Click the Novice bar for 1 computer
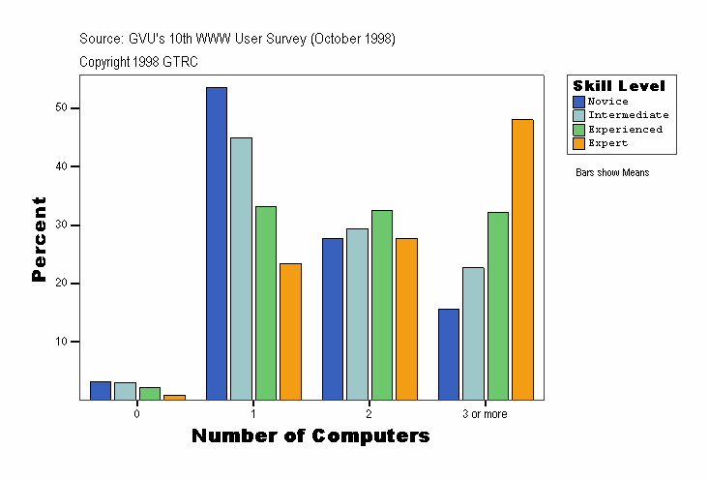click(x=216, y=243)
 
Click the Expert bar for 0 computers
click(x=174, y=397)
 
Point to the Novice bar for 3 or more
click(x=449, y=354)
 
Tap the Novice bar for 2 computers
click(x=333, y=318)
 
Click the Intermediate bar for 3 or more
click(x=473, y=333)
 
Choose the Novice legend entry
click(x=607, y=101)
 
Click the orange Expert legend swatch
click(x=578, y=142)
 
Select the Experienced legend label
click(x=625, y=129)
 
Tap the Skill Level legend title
click(x=619, y=86)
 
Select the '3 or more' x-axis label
click(x=485, y=413)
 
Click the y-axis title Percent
click(x=40, y=239)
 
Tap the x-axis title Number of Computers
click(x=310, y=436)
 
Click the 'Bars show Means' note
click(x=611, y=173)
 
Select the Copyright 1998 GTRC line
click(x=138, y=61)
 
